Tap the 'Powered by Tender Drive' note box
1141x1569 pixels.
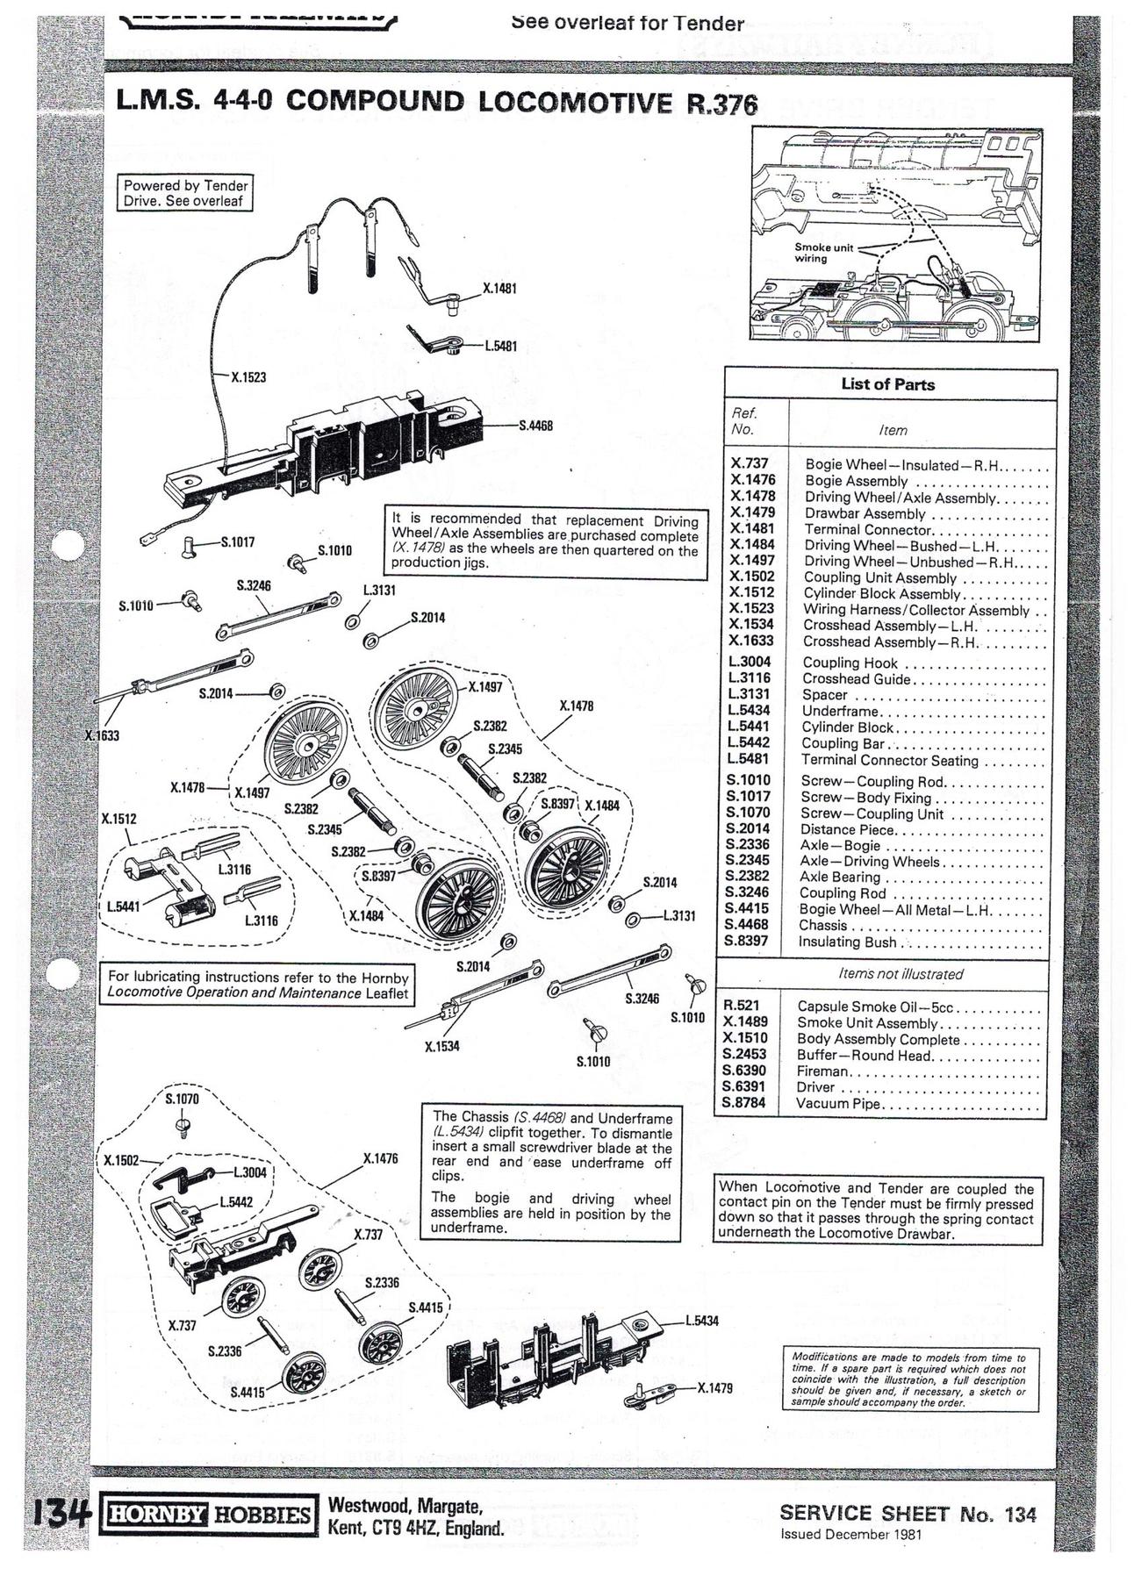pyautogui.click(x=185, y=193)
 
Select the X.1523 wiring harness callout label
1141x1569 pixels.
pyautogui.click(x=248, y=377)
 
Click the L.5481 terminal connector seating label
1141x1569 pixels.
pyautogui.click(x=501, y=346)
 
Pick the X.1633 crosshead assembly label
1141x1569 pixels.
pyautogui.click(x=102, y=735)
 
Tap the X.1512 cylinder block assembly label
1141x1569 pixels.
pyautogui.click(x=118, y=819)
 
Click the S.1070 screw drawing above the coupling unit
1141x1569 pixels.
pyautogui.click(x=183, y=1123)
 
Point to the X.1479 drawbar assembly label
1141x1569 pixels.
pyautogui.click(x=714, y=1388)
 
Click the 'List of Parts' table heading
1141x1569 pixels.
pyautogui.click(x=887, y=384)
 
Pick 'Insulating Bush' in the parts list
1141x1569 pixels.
pyautogui.click(x=848, y=942)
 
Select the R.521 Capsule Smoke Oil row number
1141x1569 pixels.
pyautogui.click(x=742, y=1006)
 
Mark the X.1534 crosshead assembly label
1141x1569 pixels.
pyautogui.click(x=442, y=1046)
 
